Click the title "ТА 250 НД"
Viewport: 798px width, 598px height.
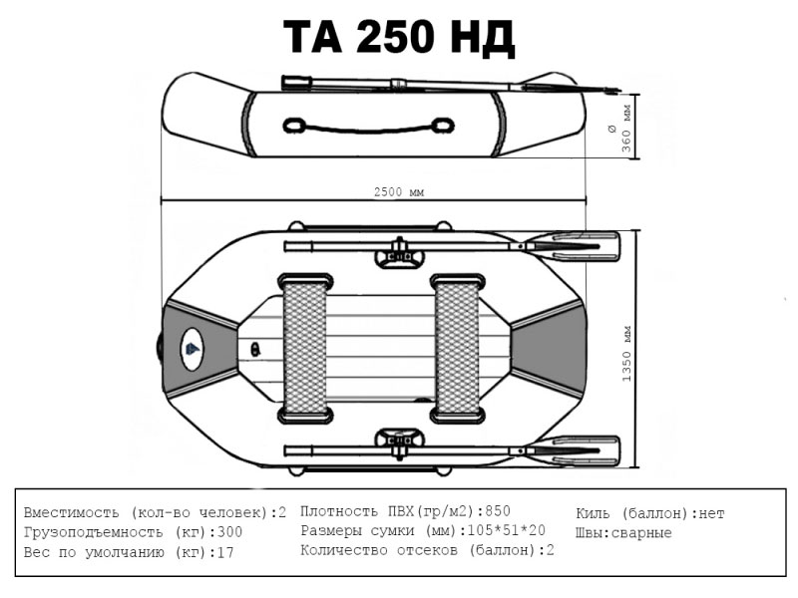point(399,37)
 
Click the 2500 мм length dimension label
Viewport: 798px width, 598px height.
point(398,192)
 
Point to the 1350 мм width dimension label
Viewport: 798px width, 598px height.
point(626,354)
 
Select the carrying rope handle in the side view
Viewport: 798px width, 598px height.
point(368,126)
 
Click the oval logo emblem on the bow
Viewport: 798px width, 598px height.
point(192,350)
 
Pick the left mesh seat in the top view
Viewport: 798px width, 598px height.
point(305,348)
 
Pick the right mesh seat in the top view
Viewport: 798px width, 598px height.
point(457,348)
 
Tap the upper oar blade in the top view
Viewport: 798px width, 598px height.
point(572,246)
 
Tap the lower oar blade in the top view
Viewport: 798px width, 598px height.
point(572,450)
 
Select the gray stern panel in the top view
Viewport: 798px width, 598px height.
point(548,348)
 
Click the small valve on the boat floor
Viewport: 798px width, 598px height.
point(255,349)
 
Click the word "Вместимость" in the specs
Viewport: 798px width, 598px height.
point(71,512)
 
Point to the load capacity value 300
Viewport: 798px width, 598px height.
point(229,532)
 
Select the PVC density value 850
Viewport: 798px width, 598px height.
point(497,511)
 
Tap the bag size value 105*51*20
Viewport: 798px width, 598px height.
point(506,530)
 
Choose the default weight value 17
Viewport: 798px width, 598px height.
point(225,552)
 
